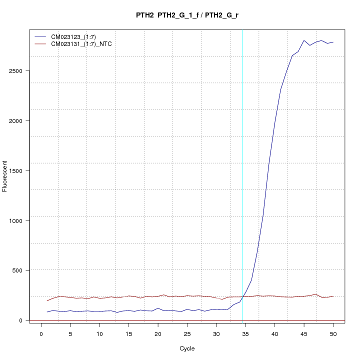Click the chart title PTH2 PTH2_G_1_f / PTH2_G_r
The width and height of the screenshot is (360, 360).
190,15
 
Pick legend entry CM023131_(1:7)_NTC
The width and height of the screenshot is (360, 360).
81,44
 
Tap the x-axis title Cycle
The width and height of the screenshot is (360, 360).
187,348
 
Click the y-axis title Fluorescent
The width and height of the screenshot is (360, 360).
5,176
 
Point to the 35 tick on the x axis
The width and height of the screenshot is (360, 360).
245,325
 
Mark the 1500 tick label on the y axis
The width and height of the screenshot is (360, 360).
16,170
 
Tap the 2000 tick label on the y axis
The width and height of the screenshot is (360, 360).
16,120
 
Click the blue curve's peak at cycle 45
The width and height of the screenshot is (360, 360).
304,40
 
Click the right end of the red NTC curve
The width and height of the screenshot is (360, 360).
333,296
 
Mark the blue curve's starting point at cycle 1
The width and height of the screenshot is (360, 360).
47,312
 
